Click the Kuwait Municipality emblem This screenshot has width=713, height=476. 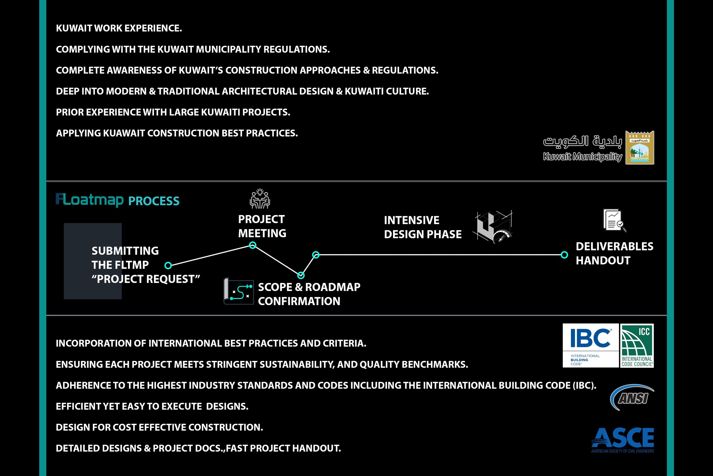tap(640, 148)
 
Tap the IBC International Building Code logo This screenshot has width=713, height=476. tap(590, 346)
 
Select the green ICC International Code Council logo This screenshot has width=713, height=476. tap(637, 346)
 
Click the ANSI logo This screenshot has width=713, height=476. tap(632, 397)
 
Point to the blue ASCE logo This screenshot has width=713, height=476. tap(623, 439)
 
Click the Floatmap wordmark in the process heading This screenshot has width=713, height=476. tap(90, 200)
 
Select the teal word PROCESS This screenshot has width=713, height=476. tap(154, 201)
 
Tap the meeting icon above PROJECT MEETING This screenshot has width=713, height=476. tap(260, 199)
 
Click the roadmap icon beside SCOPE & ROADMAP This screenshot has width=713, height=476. tap(239, 292)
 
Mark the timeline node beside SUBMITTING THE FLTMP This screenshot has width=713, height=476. tap(168, 266)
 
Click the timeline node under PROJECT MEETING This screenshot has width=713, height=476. tap(252, 245)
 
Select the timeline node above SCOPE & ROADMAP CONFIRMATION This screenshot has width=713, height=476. tap(301, 275)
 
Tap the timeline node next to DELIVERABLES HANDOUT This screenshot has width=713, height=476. tap(564, 255)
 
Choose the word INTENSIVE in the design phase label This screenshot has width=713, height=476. tap(411, 220)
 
